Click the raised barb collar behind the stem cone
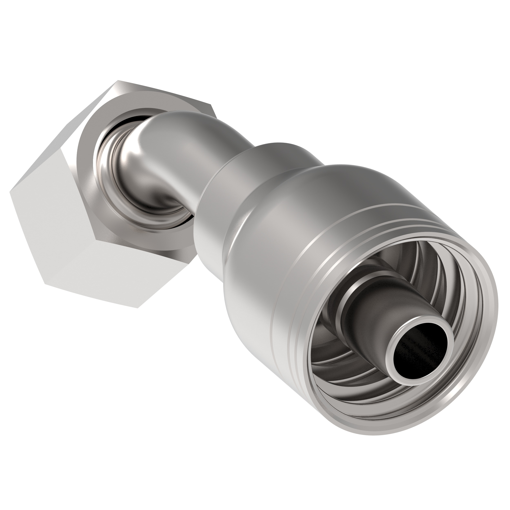point(348,304)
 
